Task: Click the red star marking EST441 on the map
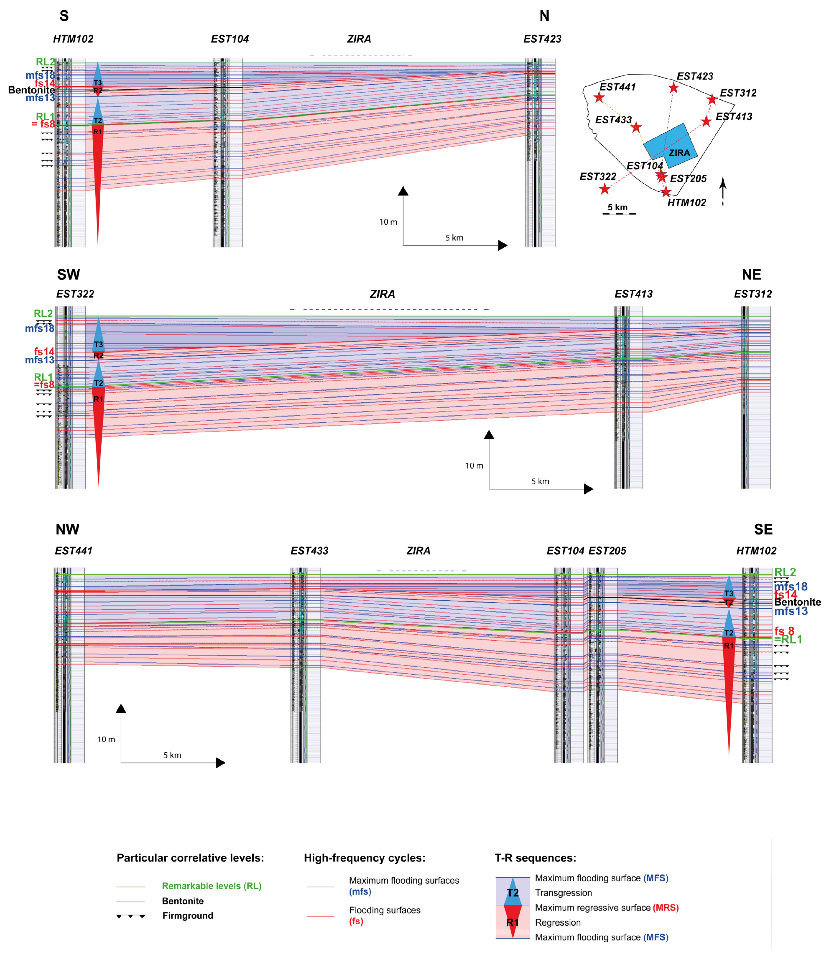point(599,97)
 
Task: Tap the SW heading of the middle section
point(69,275)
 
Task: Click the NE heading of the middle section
point(751,275)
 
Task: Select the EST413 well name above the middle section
point(633,294)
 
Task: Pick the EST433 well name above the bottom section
point(310,551)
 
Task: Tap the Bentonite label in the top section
point(31,90)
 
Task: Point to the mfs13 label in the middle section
point(40,360)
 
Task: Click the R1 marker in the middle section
point(99,399)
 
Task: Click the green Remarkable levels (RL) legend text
point(211,886)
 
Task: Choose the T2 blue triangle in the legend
point(513,892)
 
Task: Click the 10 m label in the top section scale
point(388,222)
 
